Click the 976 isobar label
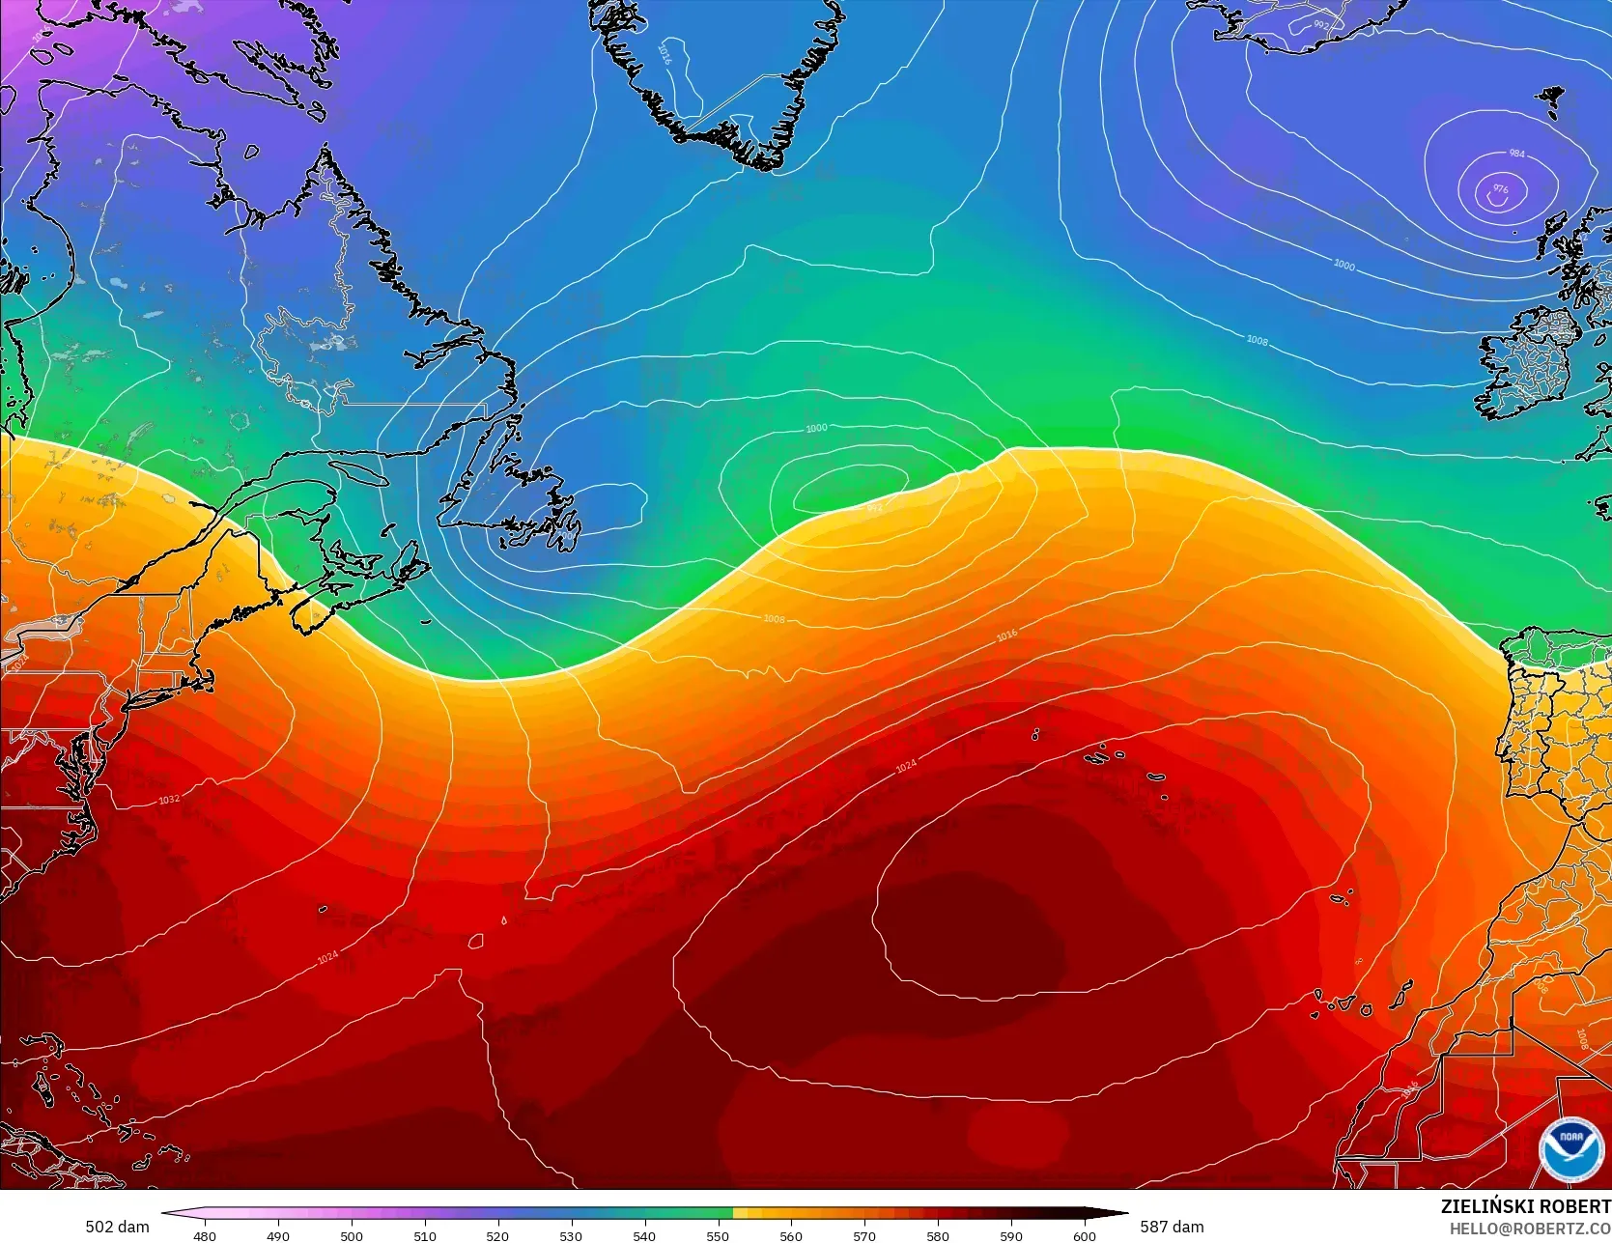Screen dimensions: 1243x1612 (x=1500, y=189)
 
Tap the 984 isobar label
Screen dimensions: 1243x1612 (x=1516, y=154)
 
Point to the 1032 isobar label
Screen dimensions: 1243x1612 (x=169, y=800)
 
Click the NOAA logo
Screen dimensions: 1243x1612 (x=1570, y=1149)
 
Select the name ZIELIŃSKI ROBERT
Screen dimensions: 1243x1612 (x=1525, y=1206)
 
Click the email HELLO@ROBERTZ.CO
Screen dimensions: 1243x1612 (x=1529, y=1228)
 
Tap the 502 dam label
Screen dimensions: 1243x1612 (x=117, y=1227)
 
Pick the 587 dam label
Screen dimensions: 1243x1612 (x=1172, y=1227)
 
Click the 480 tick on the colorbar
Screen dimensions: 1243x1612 (x=205, y=1235)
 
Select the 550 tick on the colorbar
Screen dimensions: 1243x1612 (x=718, y=1235)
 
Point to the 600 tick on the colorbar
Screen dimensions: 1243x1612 (x=1084, y=1235)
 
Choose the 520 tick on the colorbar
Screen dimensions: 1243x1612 (x=497, y=1235)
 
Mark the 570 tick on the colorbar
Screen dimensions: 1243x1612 (x=864, y=1235)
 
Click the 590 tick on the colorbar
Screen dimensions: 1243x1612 (x=1011, y=1235)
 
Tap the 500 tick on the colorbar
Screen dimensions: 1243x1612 (x=352, y=1235)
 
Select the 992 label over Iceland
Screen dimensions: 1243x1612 (x=1321, y=25)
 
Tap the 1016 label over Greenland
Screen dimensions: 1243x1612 (x=665, y=53)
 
